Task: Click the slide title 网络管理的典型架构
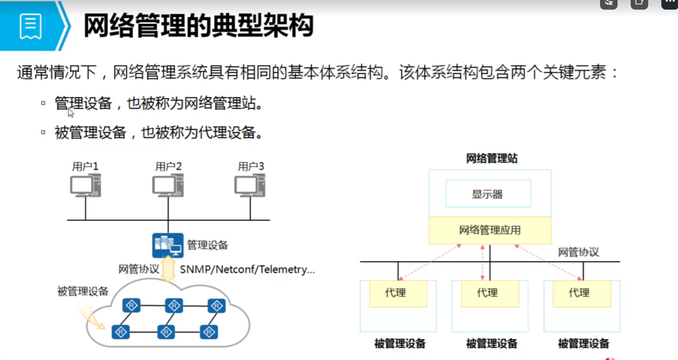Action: pyautogui.click(x=198, y=26)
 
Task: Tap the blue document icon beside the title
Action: pyautogui.click(x=31, y=26)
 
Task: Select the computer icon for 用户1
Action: pyautogui.click(x=85, y=186)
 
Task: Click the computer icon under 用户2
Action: pyautogui.click(x=168, y=186)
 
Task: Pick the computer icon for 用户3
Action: pyautogui.click(x=250, y=186)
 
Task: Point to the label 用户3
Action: pyautogui.click(x=251, y=166)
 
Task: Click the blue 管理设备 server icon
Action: pyautogui.click(x=168, y=245)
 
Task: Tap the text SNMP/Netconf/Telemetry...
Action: pyautogui.click(x=247, y=269)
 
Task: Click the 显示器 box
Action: pyautogui.click(x=488, y=194)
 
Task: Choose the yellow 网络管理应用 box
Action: pyautogui.click(x=490, y=230)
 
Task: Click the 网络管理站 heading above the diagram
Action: pyautogui.click(x=491, y=158)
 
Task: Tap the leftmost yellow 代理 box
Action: pyautogui.click(x=398, y=293)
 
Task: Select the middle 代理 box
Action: pyautogui.click(x=490, y=293)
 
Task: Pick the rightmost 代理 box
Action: pyautogui.click(x=582, y=293)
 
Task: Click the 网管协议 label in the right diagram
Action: pyautogui.click(x=578, y=252)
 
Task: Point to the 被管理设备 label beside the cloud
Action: pyautogui.click(x=83, y=291)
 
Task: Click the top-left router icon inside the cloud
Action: pyautogui.click(x=131, y=305)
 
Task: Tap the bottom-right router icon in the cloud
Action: pyautogui.click(x=209, y=332)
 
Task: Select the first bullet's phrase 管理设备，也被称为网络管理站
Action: pyautogui.click(x=159, y=104)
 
